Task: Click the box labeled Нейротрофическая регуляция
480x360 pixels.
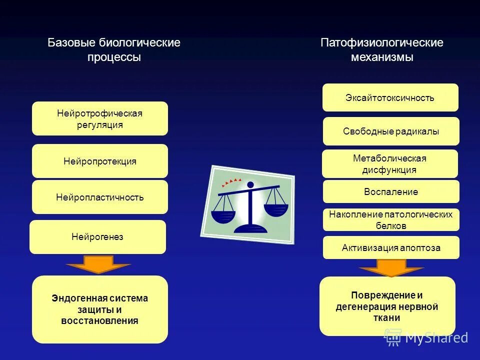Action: (x=100, y=118)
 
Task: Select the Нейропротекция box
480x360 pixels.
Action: (x=100, y=161)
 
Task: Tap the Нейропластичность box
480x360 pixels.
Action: (x=100, y=197)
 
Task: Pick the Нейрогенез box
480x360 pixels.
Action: (x=97, y=237)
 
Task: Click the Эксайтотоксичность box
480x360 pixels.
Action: (x=390, y=97)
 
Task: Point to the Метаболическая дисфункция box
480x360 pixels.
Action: (x=390, y=164)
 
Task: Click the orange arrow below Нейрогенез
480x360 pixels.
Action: (x=98, y=264)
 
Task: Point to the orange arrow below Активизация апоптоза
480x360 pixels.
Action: (x=391, y=268)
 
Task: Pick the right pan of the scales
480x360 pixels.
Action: (x=275, y=209)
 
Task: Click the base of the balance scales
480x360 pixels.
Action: (x=250, y=228)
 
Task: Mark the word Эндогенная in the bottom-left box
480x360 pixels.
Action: (x=74, y=298)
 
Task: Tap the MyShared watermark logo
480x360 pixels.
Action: (x=426, y=338)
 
